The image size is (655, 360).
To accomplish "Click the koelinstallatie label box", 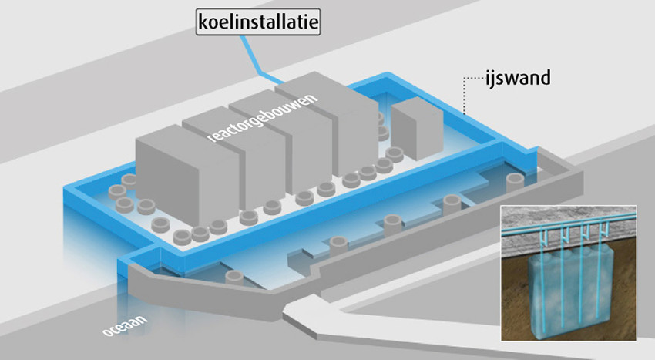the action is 258,22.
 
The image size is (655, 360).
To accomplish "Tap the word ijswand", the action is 518,78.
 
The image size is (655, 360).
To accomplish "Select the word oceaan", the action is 126,326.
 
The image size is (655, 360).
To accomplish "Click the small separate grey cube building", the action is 417,129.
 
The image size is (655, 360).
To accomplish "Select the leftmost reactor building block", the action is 188,176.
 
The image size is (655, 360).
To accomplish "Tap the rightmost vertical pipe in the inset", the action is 600,277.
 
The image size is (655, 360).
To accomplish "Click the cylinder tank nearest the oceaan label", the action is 234,278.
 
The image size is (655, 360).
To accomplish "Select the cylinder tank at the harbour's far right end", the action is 516,182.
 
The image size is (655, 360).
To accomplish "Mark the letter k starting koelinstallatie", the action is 203,22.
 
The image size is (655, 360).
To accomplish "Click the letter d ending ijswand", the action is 545,78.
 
